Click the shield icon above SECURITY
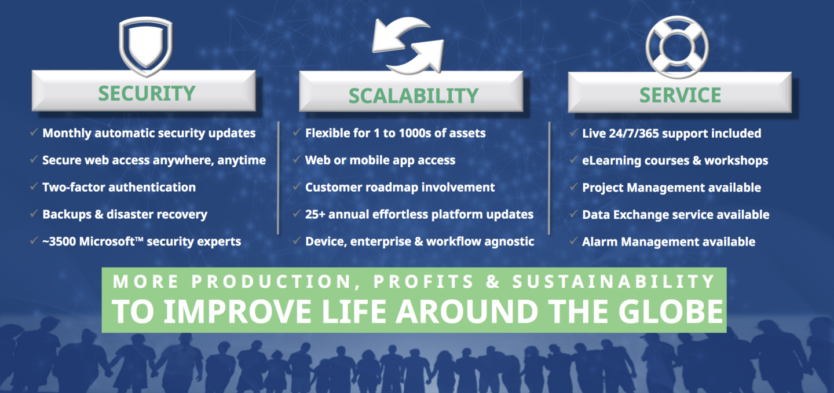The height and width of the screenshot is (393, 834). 145,45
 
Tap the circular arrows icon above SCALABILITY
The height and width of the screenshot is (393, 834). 408,45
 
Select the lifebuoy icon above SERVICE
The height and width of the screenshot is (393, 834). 677,47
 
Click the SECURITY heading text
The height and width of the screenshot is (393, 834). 147,93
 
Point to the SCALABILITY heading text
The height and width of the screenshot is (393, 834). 414,96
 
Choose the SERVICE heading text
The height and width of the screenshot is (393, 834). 680,96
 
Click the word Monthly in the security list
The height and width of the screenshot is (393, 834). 67,133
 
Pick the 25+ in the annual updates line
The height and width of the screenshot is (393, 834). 315,214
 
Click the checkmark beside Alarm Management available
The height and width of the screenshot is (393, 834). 573,241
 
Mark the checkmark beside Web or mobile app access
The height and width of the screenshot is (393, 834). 297,159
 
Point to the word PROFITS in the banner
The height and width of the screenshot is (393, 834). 423,281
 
